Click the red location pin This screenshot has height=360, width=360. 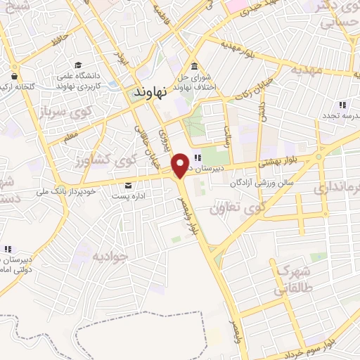pos(181,165)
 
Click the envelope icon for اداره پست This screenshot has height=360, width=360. pos(127,186)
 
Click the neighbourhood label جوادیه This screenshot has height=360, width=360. pos(109,256)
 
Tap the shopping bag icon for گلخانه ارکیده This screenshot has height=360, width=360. pos(14,76)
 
